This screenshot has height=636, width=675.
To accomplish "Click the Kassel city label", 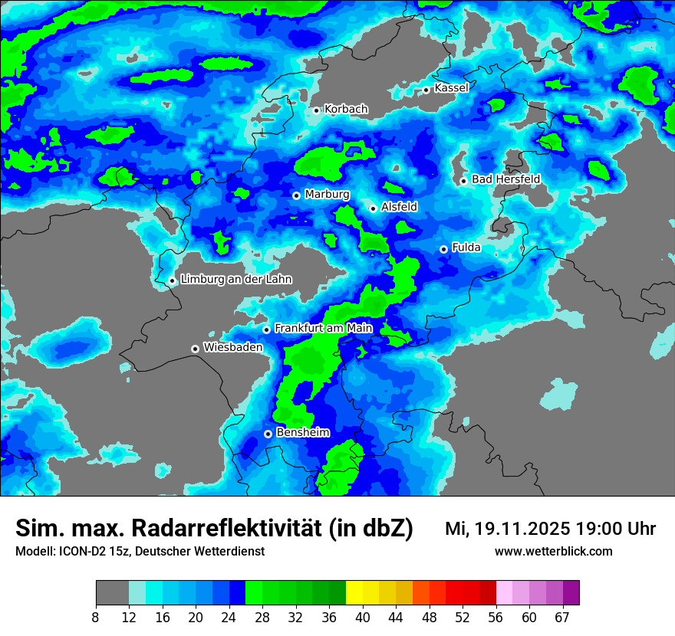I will pos(451,88).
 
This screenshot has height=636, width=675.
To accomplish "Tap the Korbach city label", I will pos(346,110).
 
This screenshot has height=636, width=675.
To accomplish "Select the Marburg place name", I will pos(327,195).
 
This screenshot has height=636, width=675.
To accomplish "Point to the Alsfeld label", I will pos(399,207).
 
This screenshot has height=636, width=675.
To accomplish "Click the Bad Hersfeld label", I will pos(505,179).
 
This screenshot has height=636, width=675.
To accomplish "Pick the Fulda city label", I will pos(466,248).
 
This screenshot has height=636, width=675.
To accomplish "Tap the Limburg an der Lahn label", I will pos(236,280).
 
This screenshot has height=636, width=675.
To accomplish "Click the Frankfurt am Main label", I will pos(323,328).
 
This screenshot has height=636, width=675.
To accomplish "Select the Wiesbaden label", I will pos(232,347).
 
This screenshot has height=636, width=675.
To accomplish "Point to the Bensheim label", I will pos(302,432).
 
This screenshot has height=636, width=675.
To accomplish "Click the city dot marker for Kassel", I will pos(426,90).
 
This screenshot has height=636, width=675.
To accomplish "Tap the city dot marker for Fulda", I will pos(443,249).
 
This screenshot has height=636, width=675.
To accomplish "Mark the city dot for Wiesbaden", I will pos(196,349).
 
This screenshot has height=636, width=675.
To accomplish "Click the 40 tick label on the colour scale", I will pos(363,617).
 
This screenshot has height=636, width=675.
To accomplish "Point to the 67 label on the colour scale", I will pos(562,617).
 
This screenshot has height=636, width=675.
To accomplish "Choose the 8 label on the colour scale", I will pos(97,617).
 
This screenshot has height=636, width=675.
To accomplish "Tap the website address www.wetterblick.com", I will pos(553,551).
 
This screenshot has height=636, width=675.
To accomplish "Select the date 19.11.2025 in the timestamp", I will pos(522,529).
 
